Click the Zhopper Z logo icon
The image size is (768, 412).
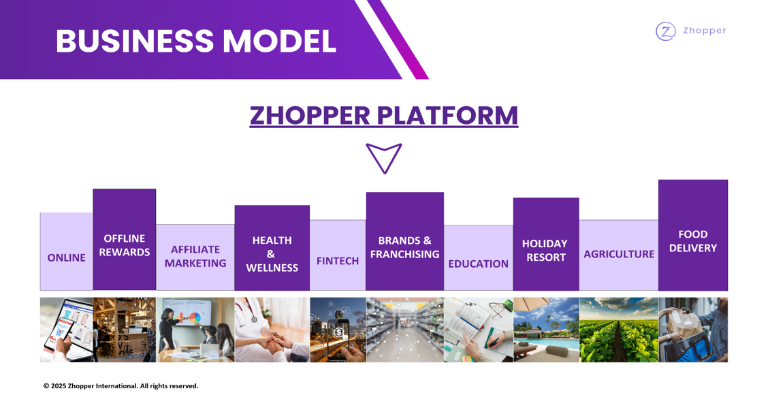click(666, 31)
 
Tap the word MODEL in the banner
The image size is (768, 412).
click(280, 41)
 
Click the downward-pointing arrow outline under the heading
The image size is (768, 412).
click(384, 158)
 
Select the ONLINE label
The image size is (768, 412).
click(66, 257)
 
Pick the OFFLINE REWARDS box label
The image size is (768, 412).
click(125, 245)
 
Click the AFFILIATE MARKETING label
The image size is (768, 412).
click(195, 256)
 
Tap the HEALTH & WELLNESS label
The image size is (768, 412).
click(272, 254)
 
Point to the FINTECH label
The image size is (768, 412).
click(338, 261)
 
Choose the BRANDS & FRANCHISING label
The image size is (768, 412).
click(404, 247)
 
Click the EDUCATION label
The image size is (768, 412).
click(478, 264)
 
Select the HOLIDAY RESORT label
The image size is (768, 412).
click(545, 251)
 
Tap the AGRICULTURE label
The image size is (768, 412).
click(619, 254)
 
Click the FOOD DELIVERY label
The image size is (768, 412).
click(692, 241)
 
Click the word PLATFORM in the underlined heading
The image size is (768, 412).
click(447, 116)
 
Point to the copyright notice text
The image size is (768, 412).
click(121, 386)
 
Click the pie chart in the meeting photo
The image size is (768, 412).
click(195, 318)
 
